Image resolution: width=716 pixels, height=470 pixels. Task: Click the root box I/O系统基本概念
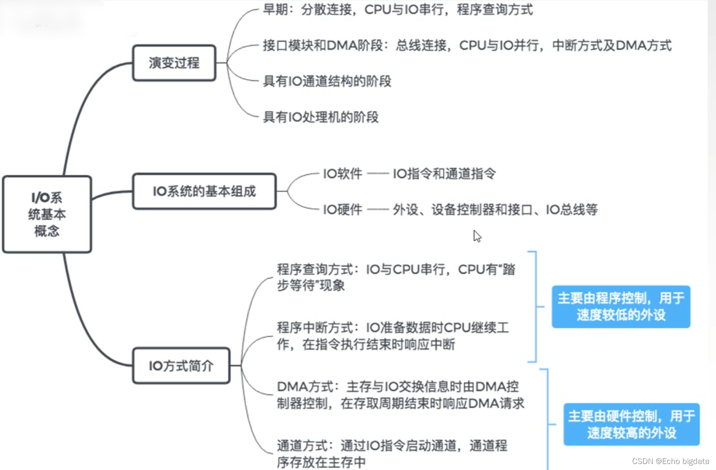[x=47, y=214]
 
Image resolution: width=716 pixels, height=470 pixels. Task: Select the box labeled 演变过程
[x=174, y=63]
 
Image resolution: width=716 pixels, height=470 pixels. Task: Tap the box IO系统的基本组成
[x=204, y=191]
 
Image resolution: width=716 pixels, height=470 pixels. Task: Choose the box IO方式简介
[x=181, y=366]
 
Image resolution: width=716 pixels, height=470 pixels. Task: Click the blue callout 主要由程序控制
[x=621, y=307]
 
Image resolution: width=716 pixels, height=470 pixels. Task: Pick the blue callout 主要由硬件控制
[x=631, y=424]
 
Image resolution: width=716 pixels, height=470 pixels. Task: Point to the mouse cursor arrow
[x=477, y=236]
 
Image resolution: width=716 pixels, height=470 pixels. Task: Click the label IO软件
[x=342, y=174]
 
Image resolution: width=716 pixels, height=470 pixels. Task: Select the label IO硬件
[x=342, y=210]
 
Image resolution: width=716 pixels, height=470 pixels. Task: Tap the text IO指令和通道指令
[x=444, y=174]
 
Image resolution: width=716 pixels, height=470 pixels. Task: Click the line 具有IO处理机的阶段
[x=321, y=117]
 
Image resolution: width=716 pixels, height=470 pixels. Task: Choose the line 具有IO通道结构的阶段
[x=327, y=82]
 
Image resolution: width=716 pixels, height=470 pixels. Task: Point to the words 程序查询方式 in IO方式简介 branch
[x=315, y=269]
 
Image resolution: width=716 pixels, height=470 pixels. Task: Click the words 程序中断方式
[x=315, y=328]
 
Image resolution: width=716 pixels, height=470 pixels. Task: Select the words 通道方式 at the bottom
[x=302, y=446]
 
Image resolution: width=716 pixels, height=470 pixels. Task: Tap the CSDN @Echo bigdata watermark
[x=670, y=461]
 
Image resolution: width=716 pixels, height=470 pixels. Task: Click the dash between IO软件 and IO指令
[x=378, y=174]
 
